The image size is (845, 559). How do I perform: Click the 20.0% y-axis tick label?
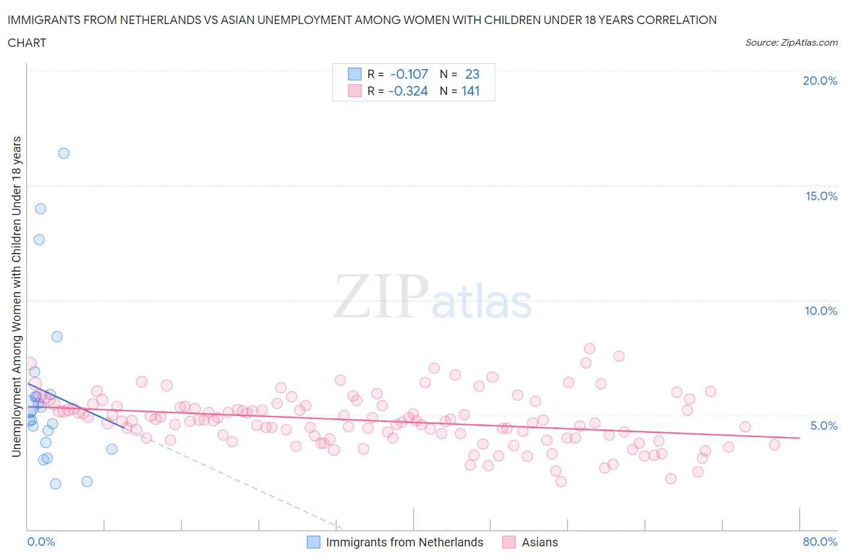[x=820, y=81]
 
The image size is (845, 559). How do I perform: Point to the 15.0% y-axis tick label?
[x=821, y=196]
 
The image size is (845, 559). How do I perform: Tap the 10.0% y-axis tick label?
[x=821, y=311]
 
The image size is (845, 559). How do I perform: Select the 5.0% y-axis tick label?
[x=823, y=426]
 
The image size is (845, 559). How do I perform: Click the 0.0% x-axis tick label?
[x=41, y=542]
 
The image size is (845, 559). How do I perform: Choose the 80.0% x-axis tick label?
[x=820, y=542]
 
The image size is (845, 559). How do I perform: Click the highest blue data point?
[x=64, y=153]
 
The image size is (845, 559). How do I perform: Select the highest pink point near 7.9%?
[x=590, y=349]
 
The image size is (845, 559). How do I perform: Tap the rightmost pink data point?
[x=774, y=445]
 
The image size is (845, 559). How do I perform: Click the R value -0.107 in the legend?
[x=409, y=74]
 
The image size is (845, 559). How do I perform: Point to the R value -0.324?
[x=408, y=91]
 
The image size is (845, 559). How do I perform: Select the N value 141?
[x=470, y=91]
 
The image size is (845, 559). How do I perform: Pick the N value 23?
[x=472, y=74]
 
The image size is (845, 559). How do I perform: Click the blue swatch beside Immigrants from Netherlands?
[x=314, y=542]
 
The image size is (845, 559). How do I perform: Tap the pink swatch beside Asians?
[x=509, y=542]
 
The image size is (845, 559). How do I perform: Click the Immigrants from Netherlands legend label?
[x=404, y=542]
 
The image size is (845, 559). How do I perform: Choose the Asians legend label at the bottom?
[x=540, y=542]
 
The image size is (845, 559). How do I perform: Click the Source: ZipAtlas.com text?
[x=791, y=43]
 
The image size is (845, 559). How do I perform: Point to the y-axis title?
[x=17, y=296]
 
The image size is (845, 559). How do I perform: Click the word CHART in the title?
[x=27, y=43]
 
